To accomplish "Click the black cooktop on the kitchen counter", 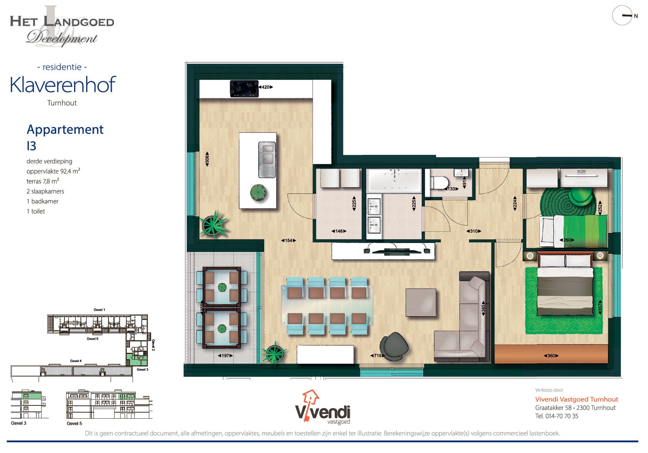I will [x=244, y=89].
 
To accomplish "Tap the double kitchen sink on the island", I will [x=267, y=159].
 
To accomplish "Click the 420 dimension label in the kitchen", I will [x=266, y=87].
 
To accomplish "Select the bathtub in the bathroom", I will [x=394, y=180].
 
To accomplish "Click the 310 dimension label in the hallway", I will [x=473, y=231].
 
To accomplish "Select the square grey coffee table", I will [x=421, y=302].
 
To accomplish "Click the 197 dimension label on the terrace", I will [x=225, y=356].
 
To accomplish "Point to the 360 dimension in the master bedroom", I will [x=551, y=356].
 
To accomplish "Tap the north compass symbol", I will [x=623, y=16].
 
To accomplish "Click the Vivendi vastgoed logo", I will [x=322, y=408].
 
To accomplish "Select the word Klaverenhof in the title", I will [x=62, y=85].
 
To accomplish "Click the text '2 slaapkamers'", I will [x=45, y=191].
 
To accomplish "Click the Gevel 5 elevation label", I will [x=74, y=424].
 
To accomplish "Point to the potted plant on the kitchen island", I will [x=258, y=193].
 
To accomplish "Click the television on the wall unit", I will [x=396, y=251].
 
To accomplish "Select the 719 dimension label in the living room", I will [x=377, y=356].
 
